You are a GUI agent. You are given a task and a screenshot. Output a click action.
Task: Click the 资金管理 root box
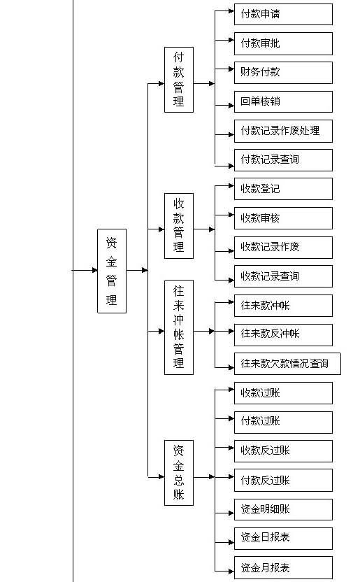point(112,271)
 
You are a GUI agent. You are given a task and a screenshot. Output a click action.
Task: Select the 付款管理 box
point(179,80)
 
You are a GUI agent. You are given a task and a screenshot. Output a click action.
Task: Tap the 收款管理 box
point(179,226)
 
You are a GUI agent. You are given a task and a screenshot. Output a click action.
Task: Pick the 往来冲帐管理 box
point(179,327)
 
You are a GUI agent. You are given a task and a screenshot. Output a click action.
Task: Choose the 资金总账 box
point(179,472)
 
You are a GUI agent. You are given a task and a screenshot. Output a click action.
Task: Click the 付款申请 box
point(283,15)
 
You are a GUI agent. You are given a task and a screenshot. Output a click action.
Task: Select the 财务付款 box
point(283,72)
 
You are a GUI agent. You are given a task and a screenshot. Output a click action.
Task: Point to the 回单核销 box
point(283,101)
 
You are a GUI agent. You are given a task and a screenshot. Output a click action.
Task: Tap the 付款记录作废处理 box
point(283,131)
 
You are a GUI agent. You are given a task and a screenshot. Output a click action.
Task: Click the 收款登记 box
point(283,189)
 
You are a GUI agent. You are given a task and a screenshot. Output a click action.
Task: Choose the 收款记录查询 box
point(283,276)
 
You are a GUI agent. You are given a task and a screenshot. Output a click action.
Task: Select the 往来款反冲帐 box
point(283,335)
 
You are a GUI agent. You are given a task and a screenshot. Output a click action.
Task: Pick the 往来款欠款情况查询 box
point(287,364)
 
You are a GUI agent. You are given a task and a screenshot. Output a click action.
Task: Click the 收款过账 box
point(283,393)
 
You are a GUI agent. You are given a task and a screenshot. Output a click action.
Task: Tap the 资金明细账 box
point(283,510)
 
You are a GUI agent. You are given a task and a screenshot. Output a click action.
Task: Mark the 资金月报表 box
point(283,568)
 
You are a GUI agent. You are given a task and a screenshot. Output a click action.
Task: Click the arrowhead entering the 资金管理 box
point(94,270)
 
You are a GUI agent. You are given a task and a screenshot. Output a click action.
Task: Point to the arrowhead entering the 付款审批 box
point(231,40)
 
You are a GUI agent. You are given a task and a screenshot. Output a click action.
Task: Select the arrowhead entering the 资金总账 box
point(161,476)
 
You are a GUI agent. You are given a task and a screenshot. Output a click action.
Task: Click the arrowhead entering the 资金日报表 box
point(231,542)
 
